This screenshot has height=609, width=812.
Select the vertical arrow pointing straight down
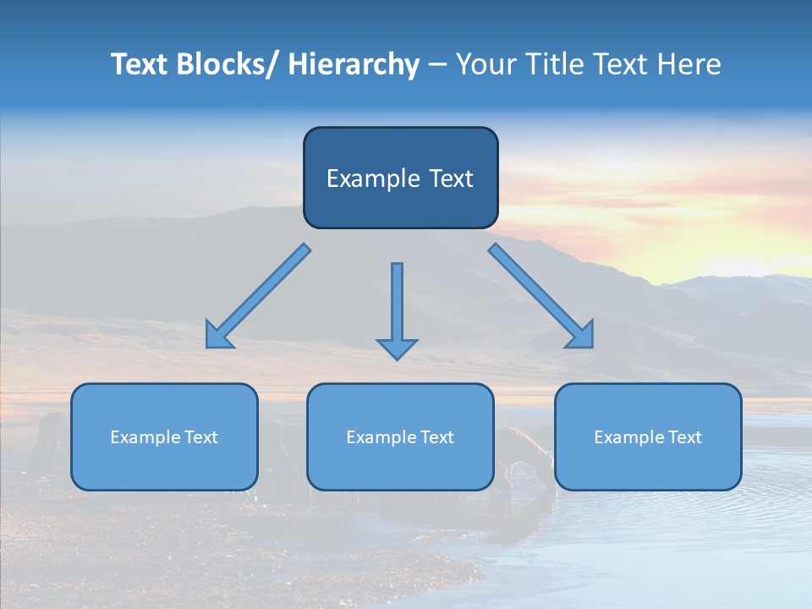[x=397, y=304]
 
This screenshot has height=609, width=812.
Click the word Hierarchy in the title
[x=354, y=64]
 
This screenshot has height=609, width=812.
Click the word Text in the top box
[x=450, y=178]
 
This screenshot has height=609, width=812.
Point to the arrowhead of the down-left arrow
[x=218, y=336]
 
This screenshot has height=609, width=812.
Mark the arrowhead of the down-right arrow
[x=581, y=336]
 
